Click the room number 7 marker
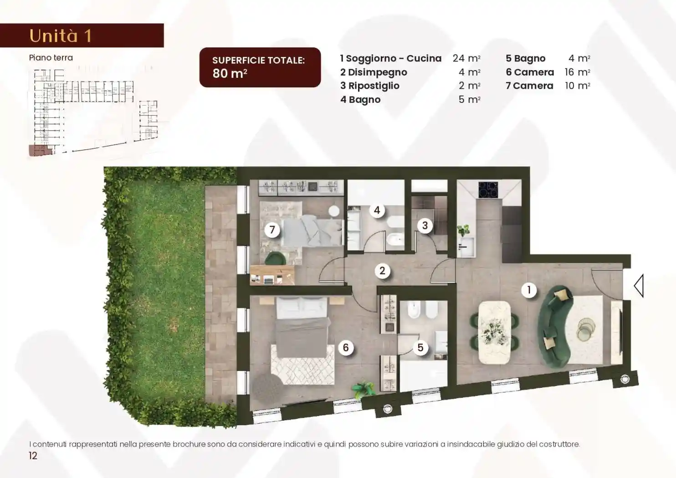(x=272, y=230)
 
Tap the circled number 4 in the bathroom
(x=377, y=210)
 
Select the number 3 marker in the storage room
(x=425, y=225)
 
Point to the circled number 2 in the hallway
(x=382, y=270)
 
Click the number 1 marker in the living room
(x=529, y=290)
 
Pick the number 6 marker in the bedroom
(x=346, y=348)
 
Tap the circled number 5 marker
(x=420, y=348)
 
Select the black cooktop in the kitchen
(x=488, y=189)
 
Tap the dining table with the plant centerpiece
(x=495, y=332)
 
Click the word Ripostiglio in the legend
(x=374, y=86)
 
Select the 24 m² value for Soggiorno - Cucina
(x=466, y=58)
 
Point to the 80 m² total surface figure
(x=230, y=73)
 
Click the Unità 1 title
(x=60, y=36)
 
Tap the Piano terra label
(x=51, y=58)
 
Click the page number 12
(x=33, y=456)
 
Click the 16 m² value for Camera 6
(x=577, y=72)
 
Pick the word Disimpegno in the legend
(x=378, y=72)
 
